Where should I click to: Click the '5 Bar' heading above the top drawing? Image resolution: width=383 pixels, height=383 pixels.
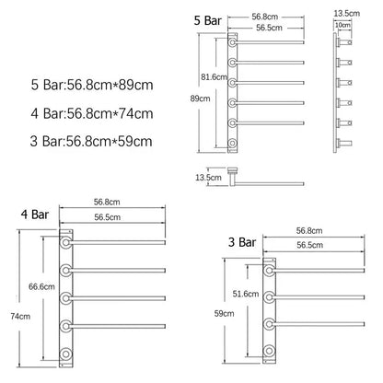point(208,19)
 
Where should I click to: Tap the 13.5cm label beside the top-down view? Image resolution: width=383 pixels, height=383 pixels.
point(208,177)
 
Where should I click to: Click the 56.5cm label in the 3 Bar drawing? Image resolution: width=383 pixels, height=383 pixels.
point(310,247)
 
